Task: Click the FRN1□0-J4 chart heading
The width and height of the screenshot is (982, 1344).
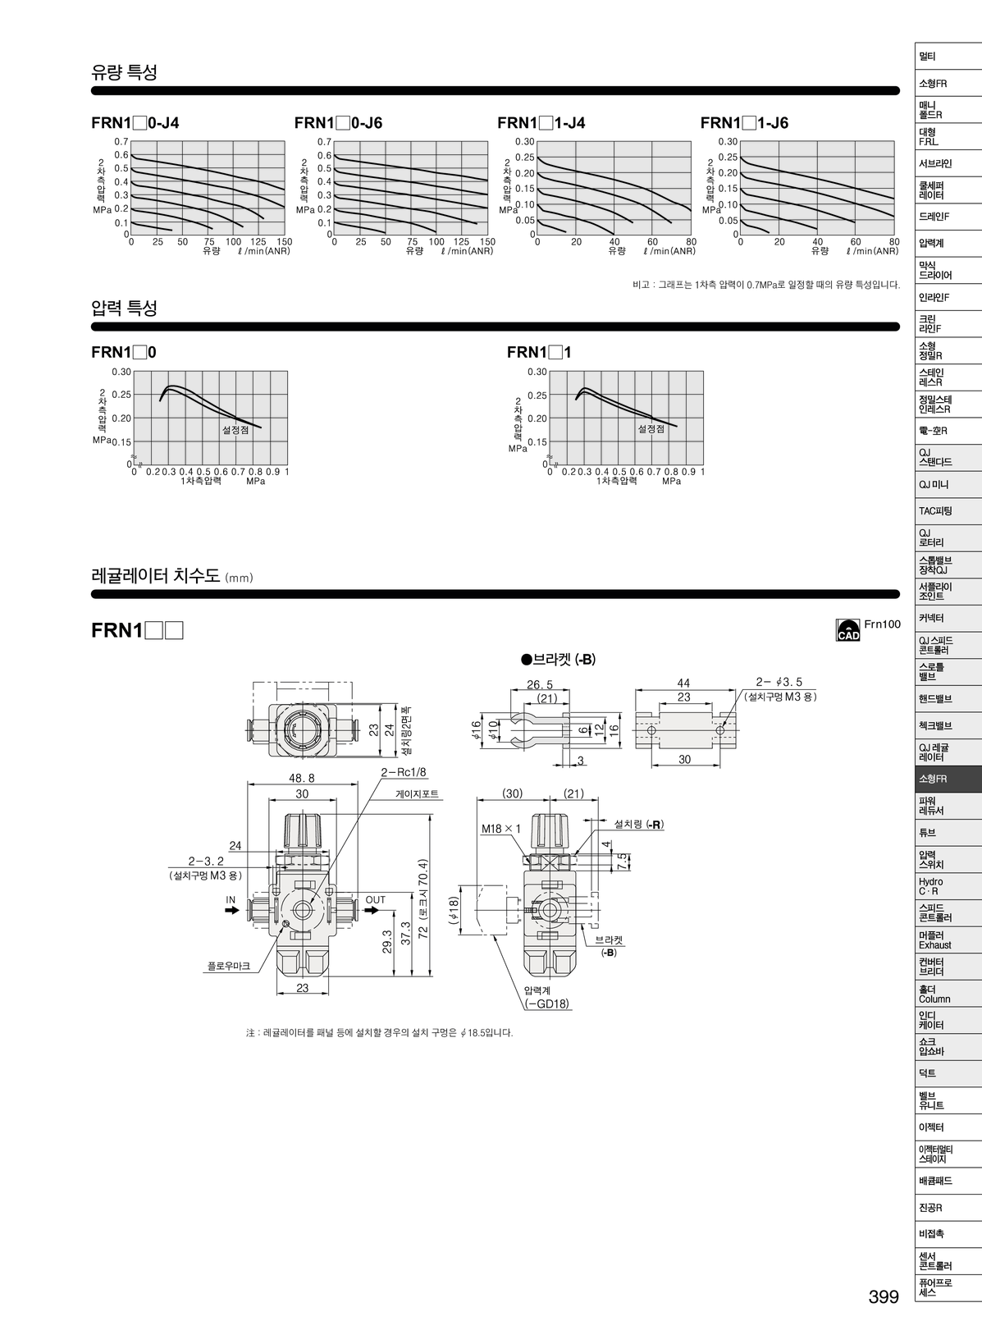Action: click(x=135, y=123)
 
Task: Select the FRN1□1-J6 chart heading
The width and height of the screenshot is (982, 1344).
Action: click(x=744, y=123)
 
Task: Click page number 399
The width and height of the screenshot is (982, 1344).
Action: click(x=884, y=1297)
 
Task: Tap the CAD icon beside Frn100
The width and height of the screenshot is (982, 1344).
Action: click(x=847, y=629)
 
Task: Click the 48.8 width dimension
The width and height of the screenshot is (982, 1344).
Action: click(x=301, y=778)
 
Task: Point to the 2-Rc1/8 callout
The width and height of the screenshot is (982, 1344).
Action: click(x=404, y=772)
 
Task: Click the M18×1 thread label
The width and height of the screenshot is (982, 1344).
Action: click(x=501, y=829)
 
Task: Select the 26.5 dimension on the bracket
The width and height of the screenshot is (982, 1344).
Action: click(x=539, y=684)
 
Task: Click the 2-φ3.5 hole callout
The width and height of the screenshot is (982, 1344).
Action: click(x=779, y=682)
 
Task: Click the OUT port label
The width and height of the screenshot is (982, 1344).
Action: click(x=375, y=900)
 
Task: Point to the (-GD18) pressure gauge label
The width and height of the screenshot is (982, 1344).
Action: click(x=547, y=1003)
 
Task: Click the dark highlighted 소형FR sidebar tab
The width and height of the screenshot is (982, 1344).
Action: click(x=948, y=779)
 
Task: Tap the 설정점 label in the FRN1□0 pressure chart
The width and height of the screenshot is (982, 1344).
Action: click(x=235, y=429)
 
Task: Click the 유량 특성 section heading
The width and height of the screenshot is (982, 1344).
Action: click(x=124, y=72)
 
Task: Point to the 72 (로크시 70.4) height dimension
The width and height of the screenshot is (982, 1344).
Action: click(x=423, y=898)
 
